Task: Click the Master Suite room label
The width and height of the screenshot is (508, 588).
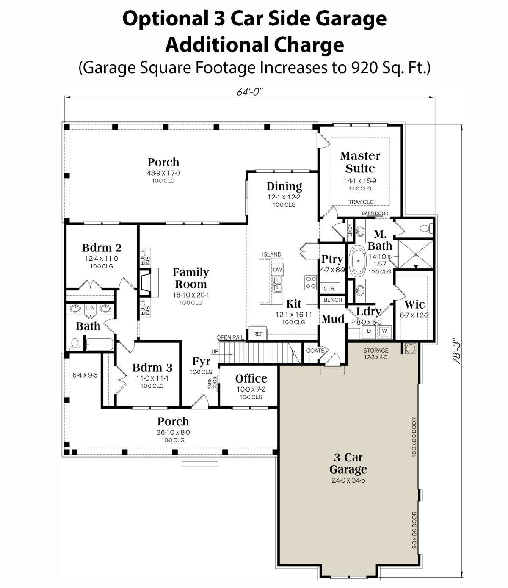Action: click(360, 162)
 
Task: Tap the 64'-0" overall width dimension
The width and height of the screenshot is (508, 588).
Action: click(250, 92)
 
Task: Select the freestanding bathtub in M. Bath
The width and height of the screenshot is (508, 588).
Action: click(358, 261)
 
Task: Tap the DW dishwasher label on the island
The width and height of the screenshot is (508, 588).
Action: click(277, 269)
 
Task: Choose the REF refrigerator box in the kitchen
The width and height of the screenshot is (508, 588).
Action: click(258, 334)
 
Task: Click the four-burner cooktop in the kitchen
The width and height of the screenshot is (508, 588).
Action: click(311, 282)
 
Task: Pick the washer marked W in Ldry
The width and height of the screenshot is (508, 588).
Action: click(384, 331)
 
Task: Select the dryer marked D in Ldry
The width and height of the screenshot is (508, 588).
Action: click(369, 331)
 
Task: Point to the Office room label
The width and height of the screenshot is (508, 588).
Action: click(251, 378)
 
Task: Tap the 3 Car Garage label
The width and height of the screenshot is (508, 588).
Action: click(348, 464)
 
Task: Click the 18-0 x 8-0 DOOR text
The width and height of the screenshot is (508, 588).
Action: click(414, 437)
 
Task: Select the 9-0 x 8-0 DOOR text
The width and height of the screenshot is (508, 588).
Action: click(414, 530)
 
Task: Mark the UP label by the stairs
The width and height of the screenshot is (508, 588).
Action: click(215, 351)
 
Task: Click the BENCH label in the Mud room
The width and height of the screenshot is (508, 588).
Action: click(332, 300)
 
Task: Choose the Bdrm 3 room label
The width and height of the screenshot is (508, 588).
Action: click(152, 367)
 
